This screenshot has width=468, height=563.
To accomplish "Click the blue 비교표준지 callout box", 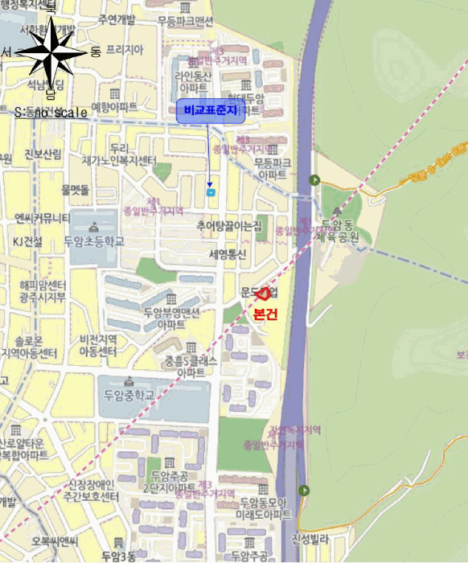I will click(x=211, y=111).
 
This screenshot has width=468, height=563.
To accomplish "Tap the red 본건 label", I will click(x=265, y=314).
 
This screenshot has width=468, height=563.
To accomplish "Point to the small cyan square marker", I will click(x=211, y=192).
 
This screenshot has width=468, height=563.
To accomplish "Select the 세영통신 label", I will click(x=229, y=254).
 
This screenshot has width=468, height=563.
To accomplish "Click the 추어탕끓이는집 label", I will click(x=229, y=228).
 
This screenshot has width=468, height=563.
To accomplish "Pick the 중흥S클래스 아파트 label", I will click(x=191, y=367).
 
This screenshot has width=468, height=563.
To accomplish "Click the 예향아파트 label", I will click(x=114, y=106).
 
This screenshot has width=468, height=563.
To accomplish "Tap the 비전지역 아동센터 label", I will click(x=98, y=346).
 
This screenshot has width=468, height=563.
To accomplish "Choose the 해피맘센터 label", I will click(x=43, y=286).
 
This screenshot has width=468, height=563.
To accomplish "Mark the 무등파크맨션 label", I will click(x=186, y=20).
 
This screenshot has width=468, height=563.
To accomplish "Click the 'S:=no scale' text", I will click(x=51, y=113).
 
